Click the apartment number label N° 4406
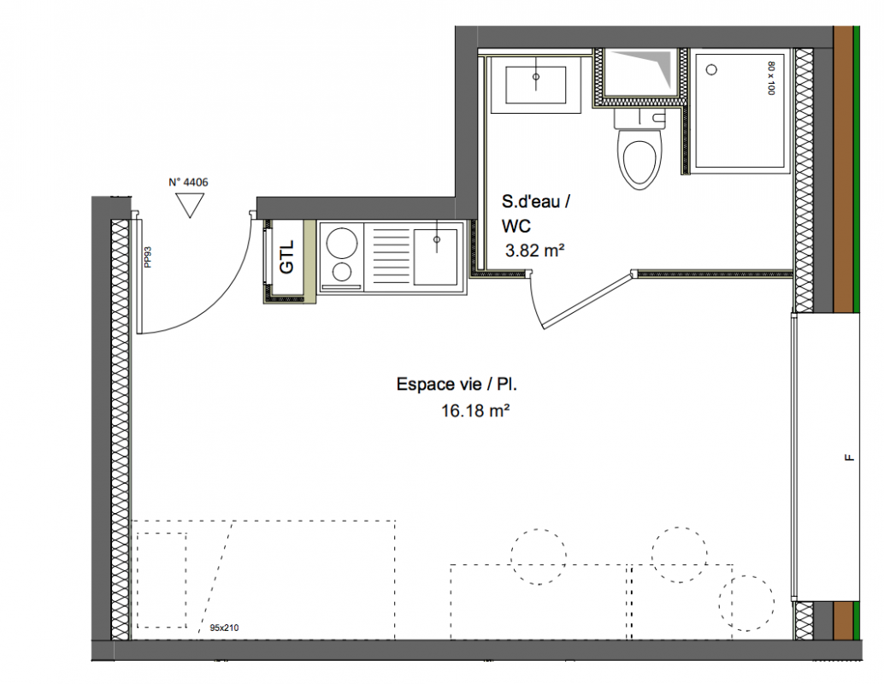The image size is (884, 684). [x=188, y=182]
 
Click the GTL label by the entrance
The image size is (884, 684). [x=287, y=257]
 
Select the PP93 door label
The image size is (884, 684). [x=148, y=256]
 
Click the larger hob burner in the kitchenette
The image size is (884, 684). [x=342, y=243]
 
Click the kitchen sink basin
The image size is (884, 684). [x=435, y=256]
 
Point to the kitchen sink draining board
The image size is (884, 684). [x=390, y=256]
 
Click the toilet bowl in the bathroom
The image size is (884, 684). [x=639, y=157]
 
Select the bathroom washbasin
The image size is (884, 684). [x=535, y=85]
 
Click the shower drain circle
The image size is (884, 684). [x=711, y=70]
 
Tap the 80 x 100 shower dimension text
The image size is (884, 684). [x=771, y=78]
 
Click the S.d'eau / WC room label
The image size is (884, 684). [x=535, y=214]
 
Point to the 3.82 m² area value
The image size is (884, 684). [x=534, y=251]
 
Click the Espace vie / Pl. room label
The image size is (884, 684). [x=457, y=385]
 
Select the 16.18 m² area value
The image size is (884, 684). [x=475, y=410]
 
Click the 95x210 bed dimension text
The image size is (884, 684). [x=224, y=627]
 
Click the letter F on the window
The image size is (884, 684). [x=849, y=458]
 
